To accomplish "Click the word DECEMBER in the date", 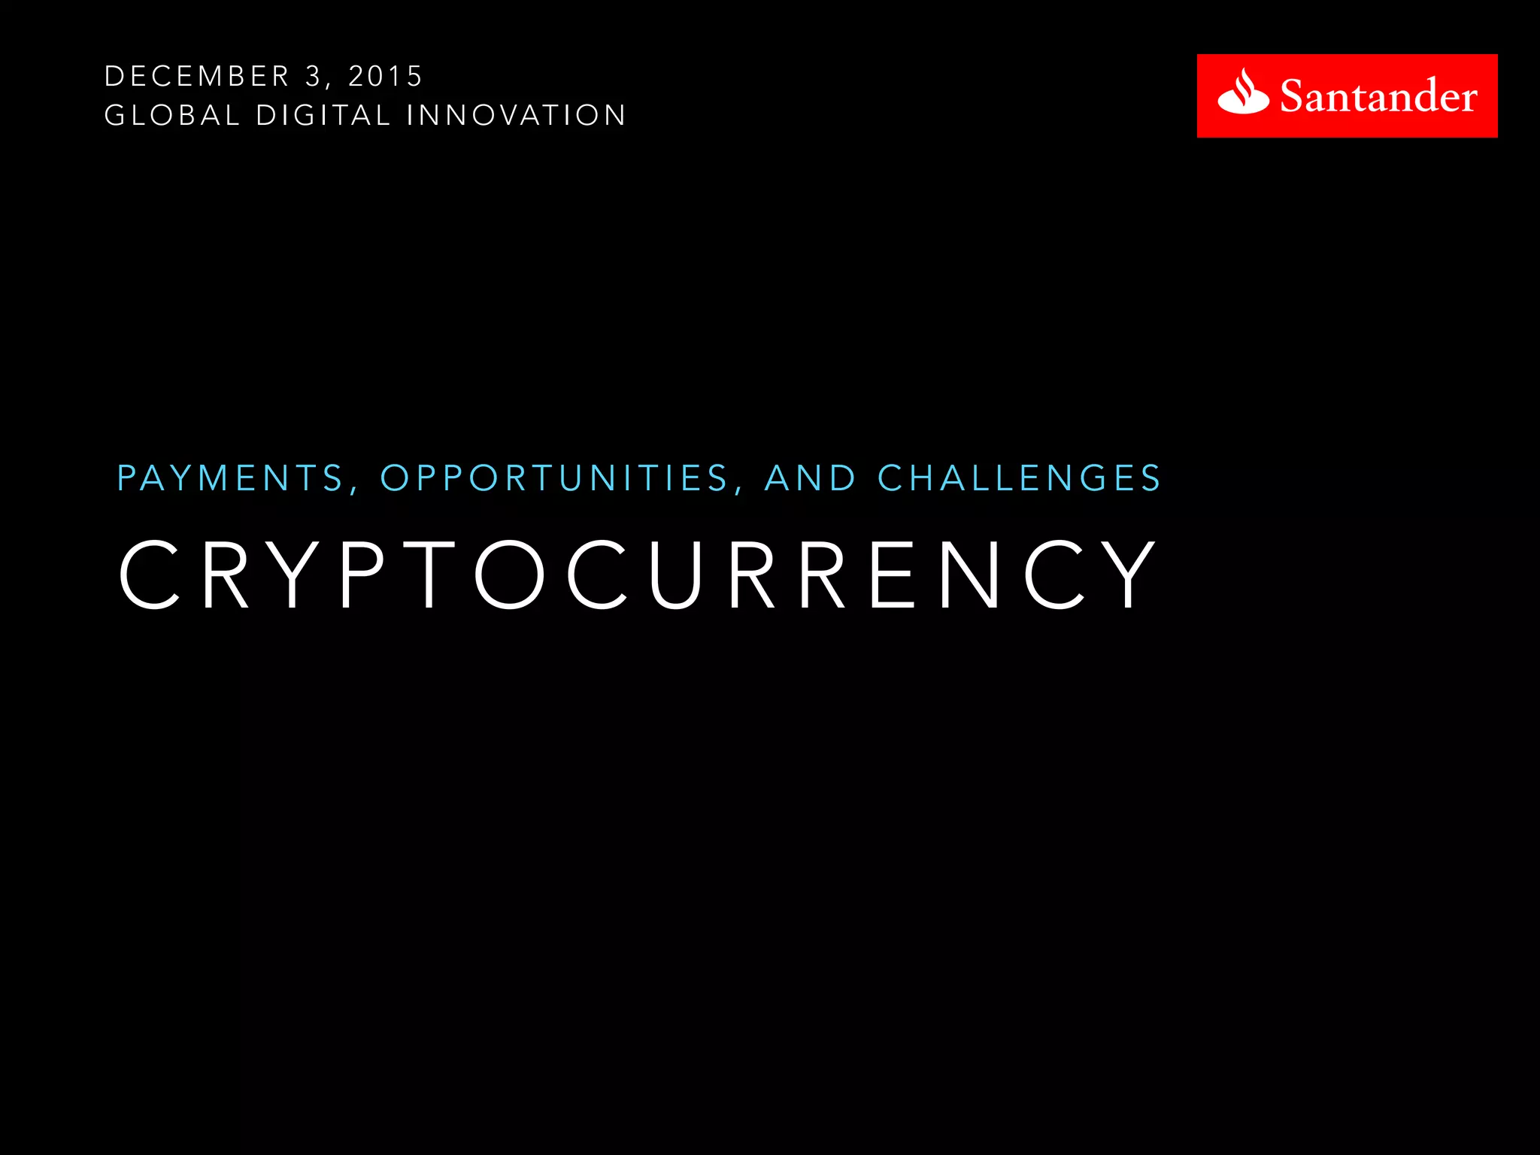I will click(197, 77).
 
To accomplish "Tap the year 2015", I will click(386, 77).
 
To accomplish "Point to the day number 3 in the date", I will click(313, 77).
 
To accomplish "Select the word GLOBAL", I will click(172, 116).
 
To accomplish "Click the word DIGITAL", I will click(323, 116).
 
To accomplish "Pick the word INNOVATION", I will click(516, 116).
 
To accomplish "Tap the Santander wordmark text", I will click(1378, 97).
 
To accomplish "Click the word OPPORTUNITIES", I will click(554, 478).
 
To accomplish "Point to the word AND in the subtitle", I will click(811, 478).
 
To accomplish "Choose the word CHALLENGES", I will click(1020, 478).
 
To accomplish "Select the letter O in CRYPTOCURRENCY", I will click(510, 574).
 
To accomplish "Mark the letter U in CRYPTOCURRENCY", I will click(675, 574).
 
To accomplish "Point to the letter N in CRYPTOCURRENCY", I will click(970, 574).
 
